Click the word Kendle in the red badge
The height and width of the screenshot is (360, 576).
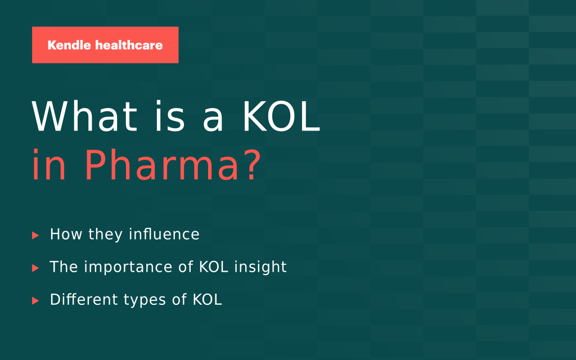click(69, 45)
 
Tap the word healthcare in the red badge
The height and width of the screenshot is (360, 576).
click(129, 45)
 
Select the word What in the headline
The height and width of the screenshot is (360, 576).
click(84, 116)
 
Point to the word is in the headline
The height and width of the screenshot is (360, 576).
click(170, 116)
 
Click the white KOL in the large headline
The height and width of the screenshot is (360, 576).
click(281, 116)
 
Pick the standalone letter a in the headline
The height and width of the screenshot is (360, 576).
click(213, 121)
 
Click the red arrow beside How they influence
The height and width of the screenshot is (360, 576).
click(35, 235)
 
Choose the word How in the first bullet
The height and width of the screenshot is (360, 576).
click(66, 234)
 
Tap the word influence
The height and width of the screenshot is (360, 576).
click(164, 234)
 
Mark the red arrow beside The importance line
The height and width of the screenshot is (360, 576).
click(35, 268)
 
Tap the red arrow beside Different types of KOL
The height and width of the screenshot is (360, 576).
click(35, 300)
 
